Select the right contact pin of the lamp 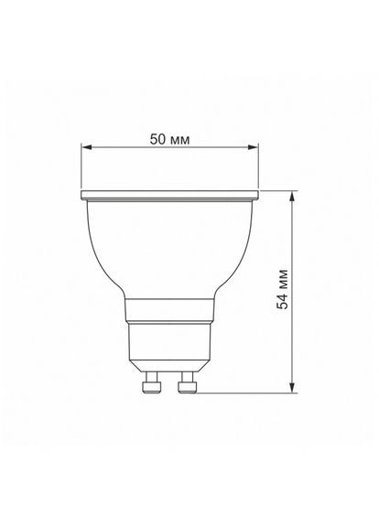coord(188,383)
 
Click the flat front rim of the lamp coord(170,196)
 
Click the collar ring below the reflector coord(170,310)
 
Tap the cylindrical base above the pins coord(170,343)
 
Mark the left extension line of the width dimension coord(81,169)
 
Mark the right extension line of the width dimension coord(261,169)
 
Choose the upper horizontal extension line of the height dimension coord(279,191)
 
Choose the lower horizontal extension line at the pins coord(247,393)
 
